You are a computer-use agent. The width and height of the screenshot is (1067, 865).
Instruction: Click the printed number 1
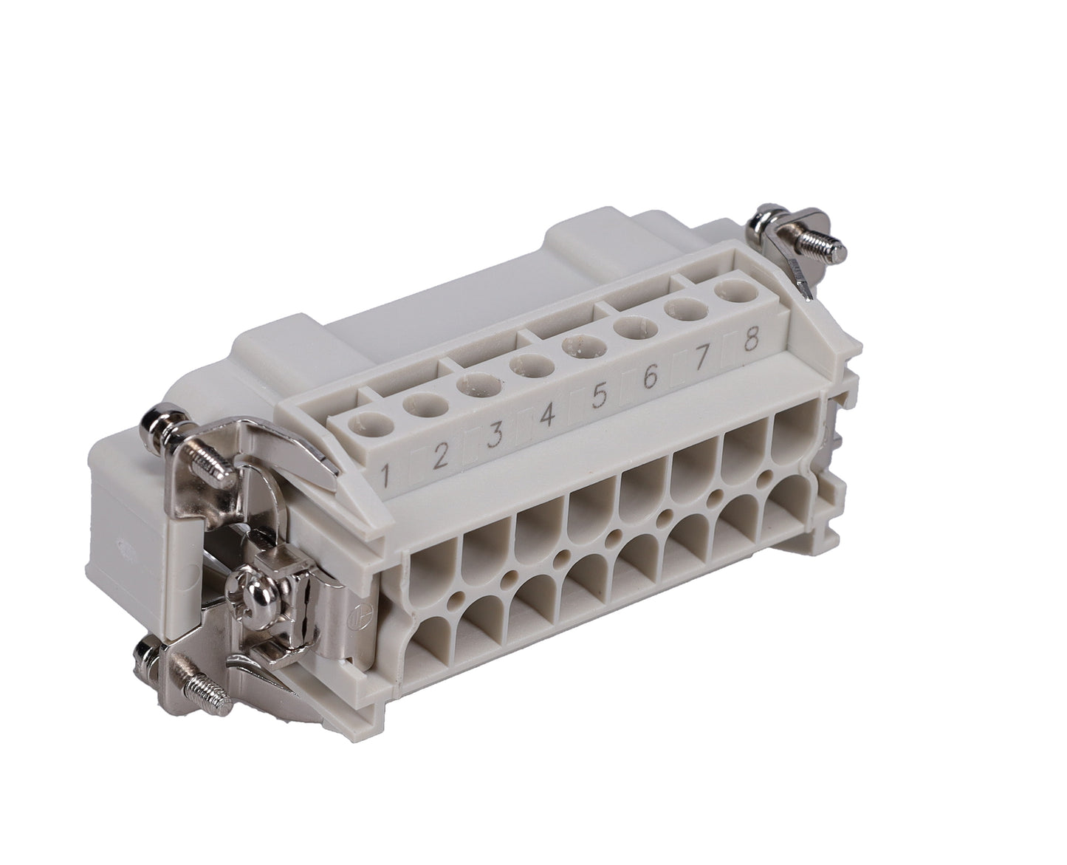click(385, 476)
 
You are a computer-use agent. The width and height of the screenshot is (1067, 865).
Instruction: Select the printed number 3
click(495, 434)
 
